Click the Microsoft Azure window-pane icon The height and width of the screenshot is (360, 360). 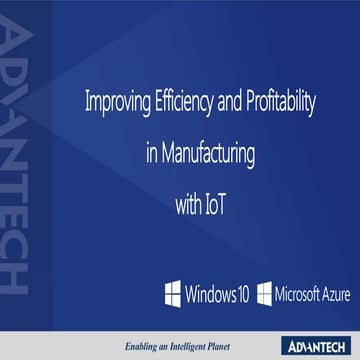[x=264, y=296]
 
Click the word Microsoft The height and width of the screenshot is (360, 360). [x=298, y=296]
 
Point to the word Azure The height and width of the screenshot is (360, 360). [x=338, y=296]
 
